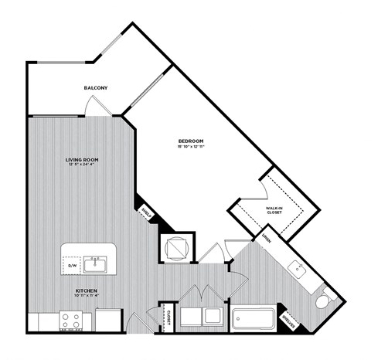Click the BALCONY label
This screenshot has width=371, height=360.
click(x=96, y=88)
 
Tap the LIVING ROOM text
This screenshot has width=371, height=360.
click(x=81, y=159)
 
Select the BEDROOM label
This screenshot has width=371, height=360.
click(x=190, y=141)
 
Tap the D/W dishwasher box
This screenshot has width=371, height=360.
click(x=74, y=266)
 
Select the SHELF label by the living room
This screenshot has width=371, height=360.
click(x=145, y=213)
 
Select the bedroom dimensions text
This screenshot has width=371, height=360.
click(x=190, y=147)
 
